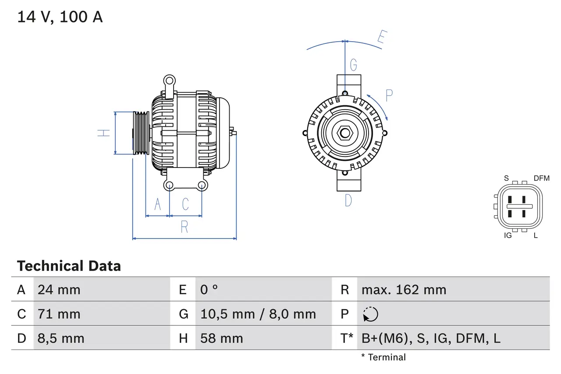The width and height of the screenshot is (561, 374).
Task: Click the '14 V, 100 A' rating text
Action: [x=60, y=17]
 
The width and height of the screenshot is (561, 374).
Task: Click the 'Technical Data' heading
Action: [x=69, y=266]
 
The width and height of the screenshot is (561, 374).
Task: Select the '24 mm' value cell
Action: [x=59, y=289]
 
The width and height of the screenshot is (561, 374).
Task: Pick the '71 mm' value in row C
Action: [x=59, y=314]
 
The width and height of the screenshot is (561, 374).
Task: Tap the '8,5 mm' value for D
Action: [x=60, y=338]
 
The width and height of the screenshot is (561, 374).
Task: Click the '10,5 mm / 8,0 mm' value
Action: [x=258, y=314]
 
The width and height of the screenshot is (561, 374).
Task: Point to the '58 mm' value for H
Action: [x=221, y=338]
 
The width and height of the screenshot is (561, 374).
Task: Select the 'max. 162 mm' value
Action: [x=404, y=289]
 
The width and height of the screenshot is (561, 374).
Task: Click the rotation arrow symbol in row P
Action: [x=370, y=314]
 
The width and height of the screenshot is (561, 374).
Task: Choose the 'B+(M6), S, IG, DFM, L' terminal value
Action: [x=431, y=338]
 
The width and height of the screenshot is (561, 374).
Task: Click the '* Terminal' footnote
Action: [x=383, y=357]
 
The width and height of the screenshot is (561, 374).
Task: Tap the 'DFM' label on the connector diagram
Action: [x=541, y=178]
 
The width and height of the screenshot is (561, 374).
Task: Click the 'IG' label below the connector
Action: [x=508, y=235]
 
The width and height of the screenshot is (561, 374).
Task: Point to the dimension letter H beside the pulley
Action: [x=103, y=132]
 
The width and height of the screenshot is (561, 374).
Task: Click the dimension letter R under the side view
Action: [x=185, y=227]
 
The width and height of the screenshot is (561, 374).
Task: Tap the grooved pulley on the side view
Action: [x=141, y=133]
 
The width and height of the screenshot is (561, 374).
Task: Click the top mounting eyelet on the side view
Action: [x=169, y=80]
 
